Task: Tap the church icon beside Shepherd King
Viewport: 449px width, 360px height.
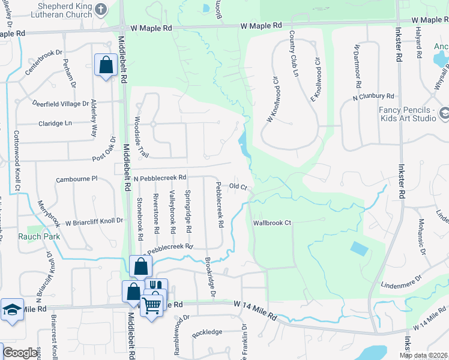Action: coord(101,10)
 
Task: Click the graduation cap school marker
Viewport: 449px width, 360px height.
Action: coord(12,310)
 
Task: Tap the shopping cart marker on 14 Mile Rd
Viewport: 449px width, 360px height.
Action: coord(151,305)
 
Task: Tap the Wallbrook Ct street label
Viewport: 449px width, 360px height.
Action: coord(271,223)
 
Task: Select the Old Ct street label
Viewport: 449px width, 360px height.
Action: coord(238,187)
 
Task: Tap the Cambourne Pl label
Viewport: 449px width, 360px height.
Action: coord(77,179)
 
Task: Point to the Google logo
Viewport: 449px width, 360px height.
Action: coord(20,353)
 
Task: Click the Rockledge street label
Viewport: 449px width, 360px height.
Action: coord(207,332)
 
